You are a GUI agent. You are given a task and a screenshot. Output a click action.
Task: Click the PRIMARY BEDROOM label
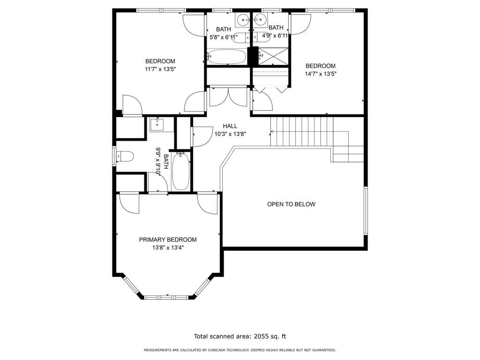pyautogui.click(x=168, y=240)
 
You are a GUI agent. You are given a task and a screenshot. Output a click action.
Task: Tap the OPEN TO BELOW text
pyautogui.click(x=291, y=204)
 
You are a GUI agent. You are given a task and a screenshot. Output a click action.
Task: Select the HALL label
pyautogui.click(x=230, y=126)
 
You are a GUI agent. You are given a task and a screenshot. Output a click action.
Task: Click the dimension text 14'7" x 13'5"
pyautogui.click(x=321, y=74)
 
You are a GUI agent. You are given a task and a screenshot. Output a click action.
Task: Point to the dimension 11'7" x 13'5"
pyautogui.click(x=160, y=69)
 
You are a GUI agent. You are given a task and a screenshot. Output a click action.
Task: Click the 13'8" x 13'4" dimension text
pyautogui.click(x=168, y=247)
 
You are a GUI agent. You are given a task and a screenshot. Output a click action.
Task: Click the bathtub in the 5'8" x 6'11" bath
pyautogui.click(x=227, y=57)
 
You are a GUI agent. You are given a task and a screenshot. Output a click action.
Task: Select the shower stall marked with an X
pyautogui.click(x=273, y=56)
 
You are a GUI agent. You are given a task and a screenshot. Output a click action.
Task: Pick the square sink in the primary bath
pyautogui.click(x=157, y=125)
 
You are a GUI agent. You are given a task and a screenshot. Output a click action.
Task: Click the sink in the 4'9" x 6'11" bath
pyautogui.click(x=260, y=20)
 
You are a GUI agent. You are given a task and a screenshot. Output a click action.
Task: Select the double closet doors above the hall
pyautogui.click(x=228, y=97)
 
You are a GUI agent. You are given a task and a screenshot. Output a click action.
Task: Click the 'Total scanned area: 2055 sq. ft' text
pyautogui.click(x=240, y=337)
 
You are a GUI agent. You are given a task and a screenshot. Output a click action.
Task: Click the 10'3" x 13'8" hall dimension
pyautogui.click(x=230, y=134)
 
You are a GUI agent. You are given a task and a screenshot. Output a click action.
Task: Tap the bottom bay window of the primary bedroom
pyautogui.click(x=168, y=297)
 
